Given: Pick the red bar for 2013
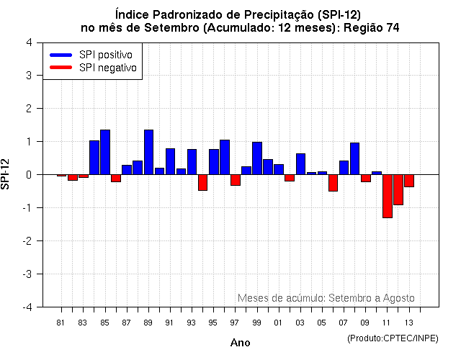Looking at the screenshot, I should tap(409, 181).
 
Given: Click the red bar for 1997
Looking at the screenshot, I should tap(236, 180).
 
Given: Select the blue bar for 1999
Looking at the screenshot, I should tap(257, 158).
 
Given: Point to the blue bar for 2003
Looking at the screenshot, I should tap(300, 164).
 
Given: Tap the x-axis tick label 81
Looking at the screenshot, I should tap(61, 322).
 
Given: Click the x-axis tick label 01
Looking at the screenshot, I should tap(278, 322).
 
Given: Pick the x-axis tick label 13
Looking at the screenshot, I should tap(408, 322).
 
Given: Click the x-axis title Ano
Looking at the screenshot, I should tap(240, 343).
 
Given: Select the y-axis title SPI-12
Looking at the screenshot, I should tap(6, 175).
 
